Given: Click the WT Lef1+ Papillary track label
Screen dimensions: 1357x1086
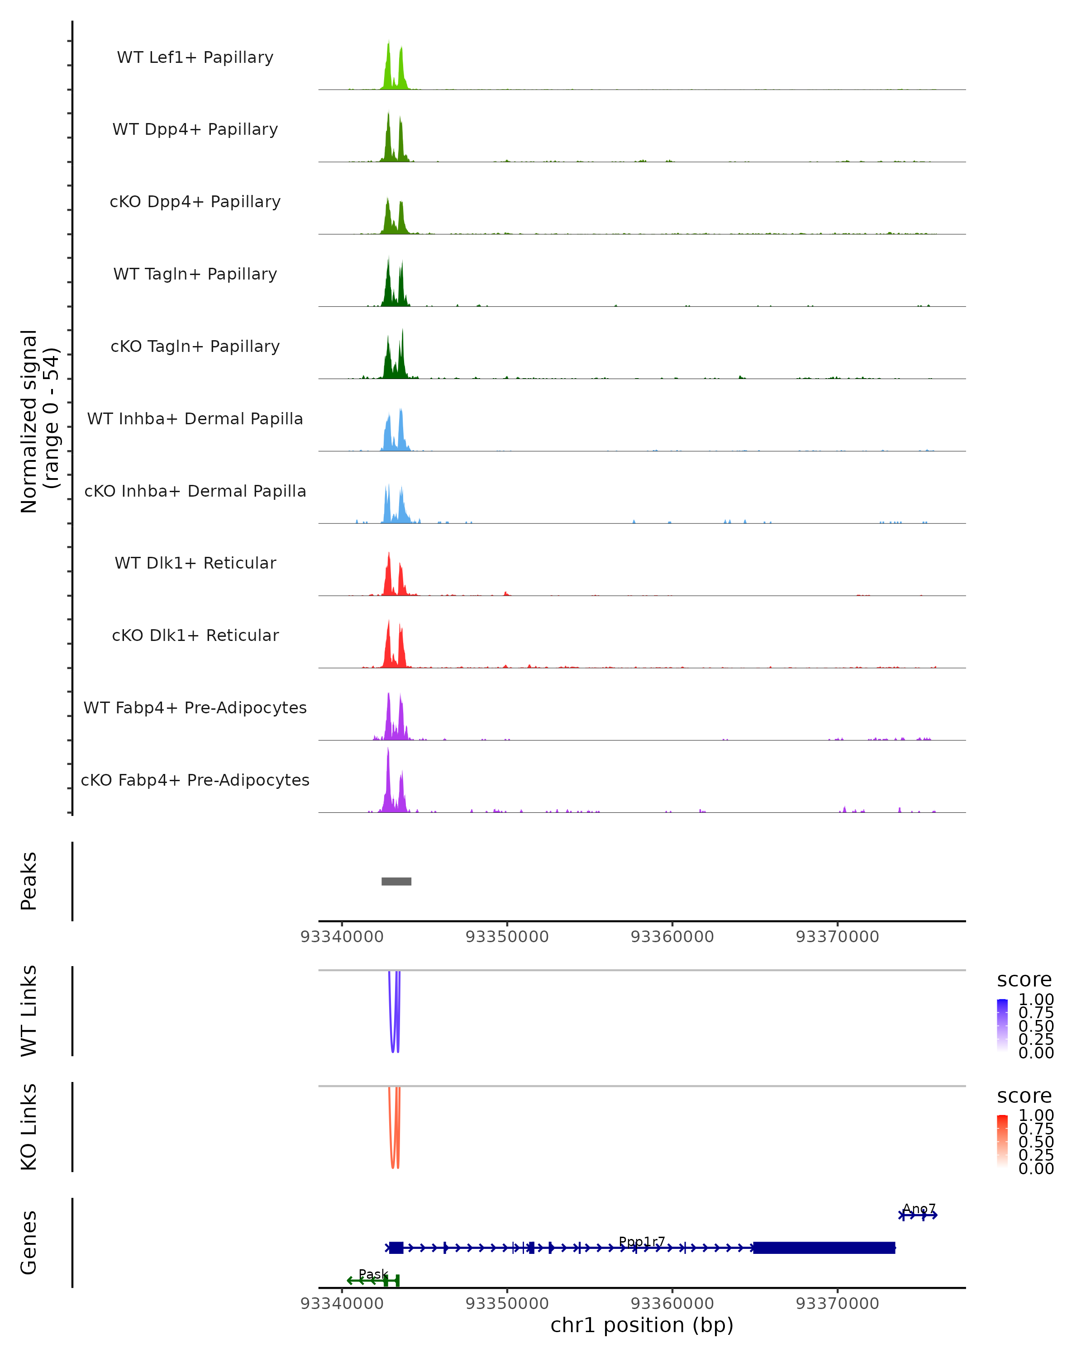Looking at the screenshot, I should coord(195,57).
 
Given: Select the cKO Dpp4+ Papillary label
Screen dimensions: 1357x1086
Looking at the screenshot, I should coord(195,201).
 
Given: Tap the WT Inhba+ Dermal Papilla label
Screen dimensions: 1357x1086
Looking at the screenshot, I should coord(195,418).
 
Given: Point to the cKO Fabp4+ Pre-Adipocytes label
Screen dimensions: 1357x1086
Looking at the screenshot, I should coord(195,780).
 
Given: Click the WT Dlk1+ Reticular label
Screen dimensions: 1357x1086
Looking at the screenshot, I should coord(195,563).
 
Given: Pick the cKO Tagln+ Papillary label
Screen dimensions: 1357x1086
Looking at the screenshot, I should coord(195,346).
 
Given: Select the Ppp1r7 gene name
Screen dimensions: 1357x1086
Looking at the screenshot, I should coord(642,1241).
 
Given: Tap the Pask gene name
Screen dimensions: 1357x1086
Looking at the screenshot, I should coord(373,1274).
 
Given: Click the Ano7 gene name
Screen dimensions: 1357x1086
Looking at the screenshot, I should coord(919,1209).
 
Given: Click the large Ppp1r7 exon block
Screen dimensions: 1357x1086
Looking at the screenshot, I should coord(824,1248).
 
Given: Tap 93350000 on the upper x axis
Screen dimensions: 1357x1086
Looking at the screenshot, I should coord(507,937).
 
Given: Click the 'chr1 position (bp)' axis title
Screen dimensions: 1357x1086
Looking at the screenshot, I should coord(642,1325).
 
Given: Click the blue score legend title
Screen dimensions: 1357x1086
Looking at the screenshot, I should coord(1024,979).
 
